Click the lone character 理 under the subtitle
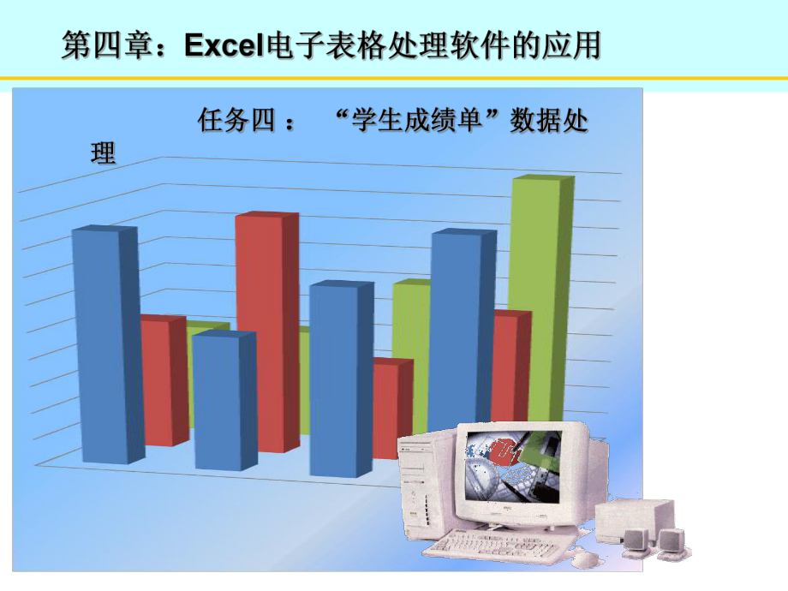pos(103,155)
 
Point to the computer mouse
pos(585,558)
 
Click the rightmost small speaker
pos(671,542)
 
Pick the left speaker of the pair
pos(636,540)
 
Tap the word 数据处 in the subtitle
pos(548,120)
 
